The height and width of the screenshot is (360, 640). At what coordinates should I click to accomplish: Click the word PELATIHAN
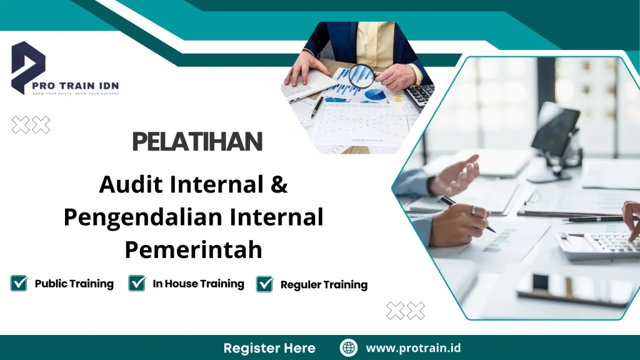coord(197,142)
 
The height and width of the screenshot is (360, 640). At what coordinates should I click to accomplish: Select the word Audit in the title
coord(129,185)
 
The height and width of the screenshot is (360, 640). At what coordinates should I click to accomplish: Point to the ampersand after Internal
coord(280,185)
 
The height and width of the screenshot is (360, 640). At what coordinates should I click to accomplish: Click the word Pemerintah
coord(193,250)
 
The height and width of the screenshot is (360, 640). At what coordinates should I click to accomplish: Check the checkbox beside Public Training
coord(19,284)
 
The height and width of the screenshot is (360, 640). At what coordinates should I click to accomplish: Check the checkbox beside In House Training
coord(137,284)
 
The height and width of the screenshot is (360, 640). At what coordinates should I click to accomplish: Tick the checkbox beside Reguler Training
coord(265,284)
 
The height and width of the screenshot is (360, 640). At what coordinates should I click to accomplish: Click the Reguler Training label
coord(324,285)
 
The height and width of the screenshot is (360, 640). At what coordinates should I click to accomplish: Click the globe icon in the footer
coord(349,347)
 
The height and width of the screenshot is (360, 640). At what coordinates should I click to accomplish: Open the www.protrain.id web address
coord(413,347)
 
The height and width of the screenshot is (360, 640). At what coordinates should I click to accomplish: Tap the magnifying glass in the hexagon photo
coord(361,76)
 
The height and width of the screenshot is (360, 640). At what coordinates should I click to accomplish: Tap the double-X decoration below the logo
coord(31,126)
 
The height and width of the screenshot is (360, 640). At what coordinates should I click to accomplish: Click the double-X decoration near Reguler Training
coord(406,311)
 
